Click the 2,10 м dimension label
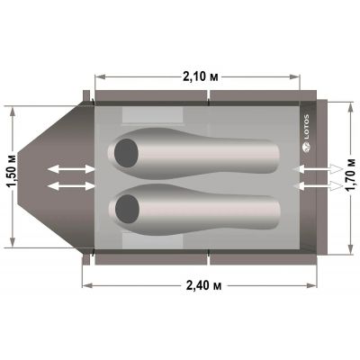pyautogui.click(x=200, y=76)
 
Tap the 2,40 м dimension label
pyautogui.click(x=203, y=285)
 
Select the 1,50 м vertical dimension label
pyautogui.click(x=13, y=176)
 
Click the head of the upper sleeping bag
pyautogui.click(x=126, y=153)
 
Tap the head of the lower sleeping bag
pyautogui.click(x=127, y=209)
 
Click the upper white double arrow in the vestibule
pyautogui.click(x=71, y=169)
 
